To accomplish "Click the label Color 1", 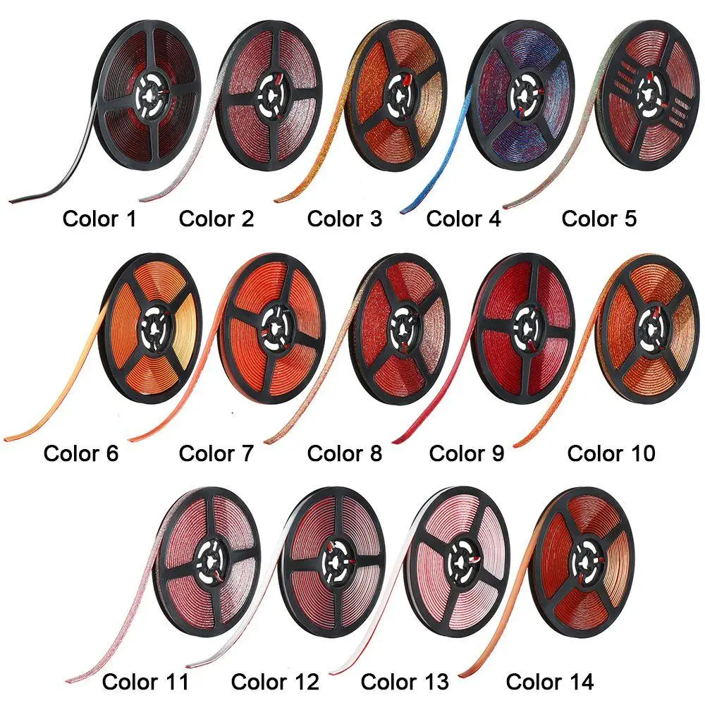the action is (x=99, y=219).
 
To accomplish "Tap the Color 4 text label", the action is (x=464, y=219).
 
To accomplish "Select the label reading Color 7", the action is (x=216, y=453).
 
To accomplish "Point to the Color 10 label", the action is (x=611, y=453).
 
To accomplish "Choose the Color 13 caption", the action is (x=405, y=682).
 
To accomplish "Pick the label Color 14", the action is (x=550, y=682).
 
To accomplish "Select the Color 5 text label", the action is (x=599, y=219).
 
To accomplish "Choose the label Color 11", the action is (x=146, y=682).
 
